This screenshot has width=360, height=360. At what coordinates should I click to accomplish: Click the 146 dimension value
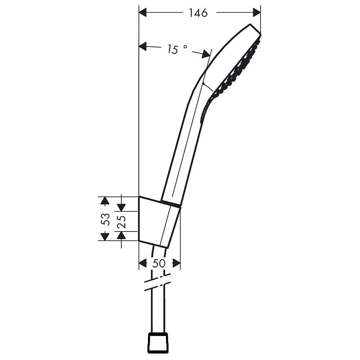198,13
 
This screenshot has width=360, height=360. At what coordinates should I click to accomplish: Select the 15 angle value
173,49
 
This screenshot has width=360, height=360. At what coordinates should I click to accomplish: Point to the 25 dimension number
121,221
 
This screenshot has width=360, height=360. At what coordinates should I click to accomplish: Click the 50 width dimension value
159,263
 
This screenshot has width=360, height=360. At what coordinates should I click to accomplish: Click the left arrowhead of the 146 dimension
143,12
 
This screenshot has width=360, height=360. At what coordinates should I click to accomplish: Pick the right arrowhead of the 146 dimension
257,12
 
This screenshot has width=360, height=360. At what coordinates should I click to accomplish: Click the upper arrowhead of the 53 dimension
105,201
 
